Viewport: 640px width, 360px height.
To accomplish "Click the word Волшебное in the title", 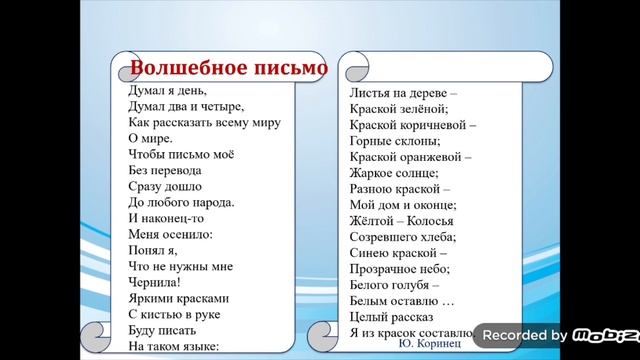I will point(181,68).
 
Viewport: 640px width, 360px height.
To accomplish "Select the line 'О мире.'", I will point(151,139).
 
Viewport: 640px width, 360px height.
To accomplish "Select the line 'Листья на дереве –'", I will point(402,92).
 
